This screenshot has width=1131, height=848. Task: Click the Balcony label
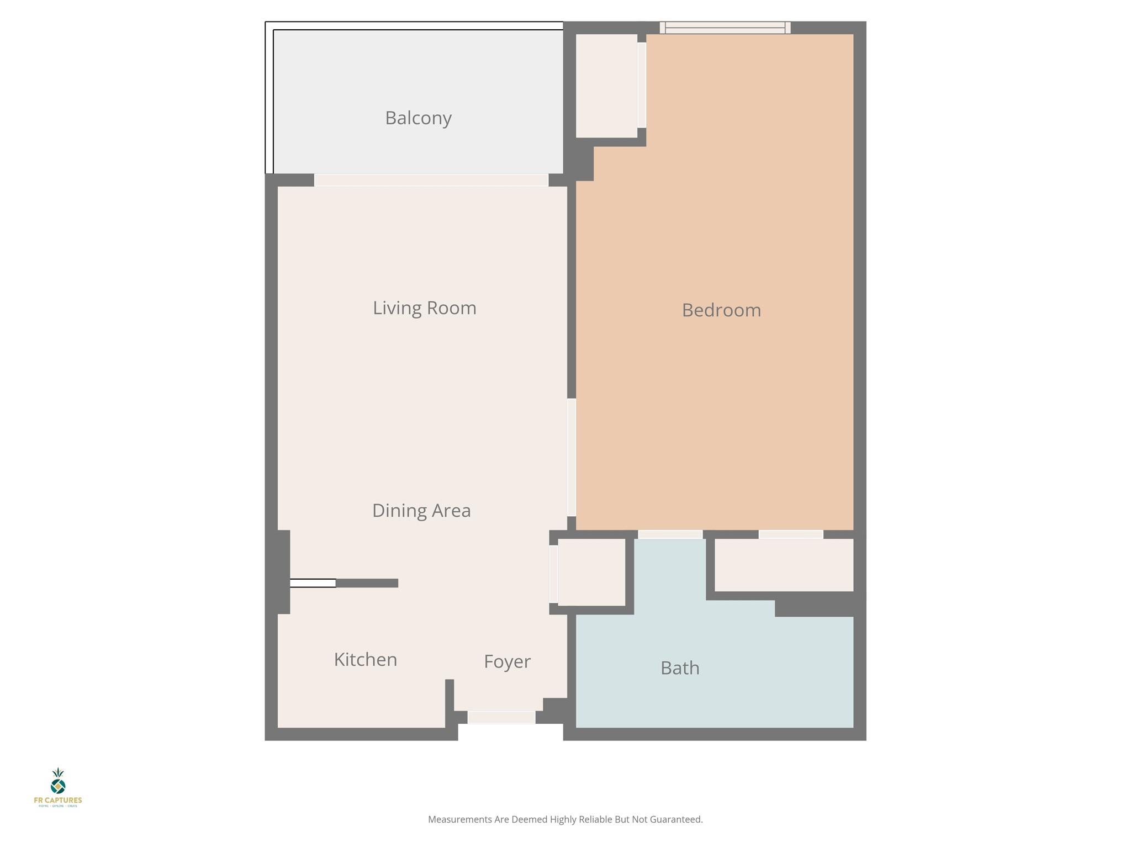[418, 118]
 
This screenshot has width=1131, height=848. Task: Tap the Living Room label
[424, 308]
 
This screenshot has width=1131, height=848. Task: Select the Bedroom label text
[721, 310]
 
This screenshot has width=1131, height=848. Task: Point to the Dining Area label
[421, 511]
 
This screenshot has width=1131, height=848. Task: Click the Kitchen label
[365, 660]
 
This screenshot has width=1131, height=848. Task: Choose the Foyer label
[507, 661]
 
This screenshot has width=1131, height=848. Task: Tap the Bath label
[680, 668]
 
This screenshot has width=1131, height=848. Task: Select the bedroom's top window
[725, 28]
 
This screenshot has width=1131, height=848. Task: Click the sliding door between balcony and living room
[431, 180]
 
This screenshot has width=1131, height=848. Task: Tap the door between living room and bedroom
[572, 457]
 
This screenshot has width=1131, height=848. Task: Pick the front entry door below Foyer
[501, 717]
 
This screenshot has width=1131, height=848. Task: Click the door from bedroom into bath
[670, 534]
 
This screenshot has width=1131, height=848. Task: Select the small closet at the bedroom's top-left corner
[606, 86]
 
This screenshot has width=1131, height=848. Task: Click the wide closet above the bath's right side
[784, 565]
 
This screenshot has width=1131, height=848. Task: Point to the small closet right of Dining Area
[591, 572]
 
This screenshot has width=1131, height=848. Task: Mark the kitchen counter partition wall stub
[367, 583]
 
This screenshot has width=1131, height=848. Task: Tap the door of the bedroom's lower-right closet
[791, 534]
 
